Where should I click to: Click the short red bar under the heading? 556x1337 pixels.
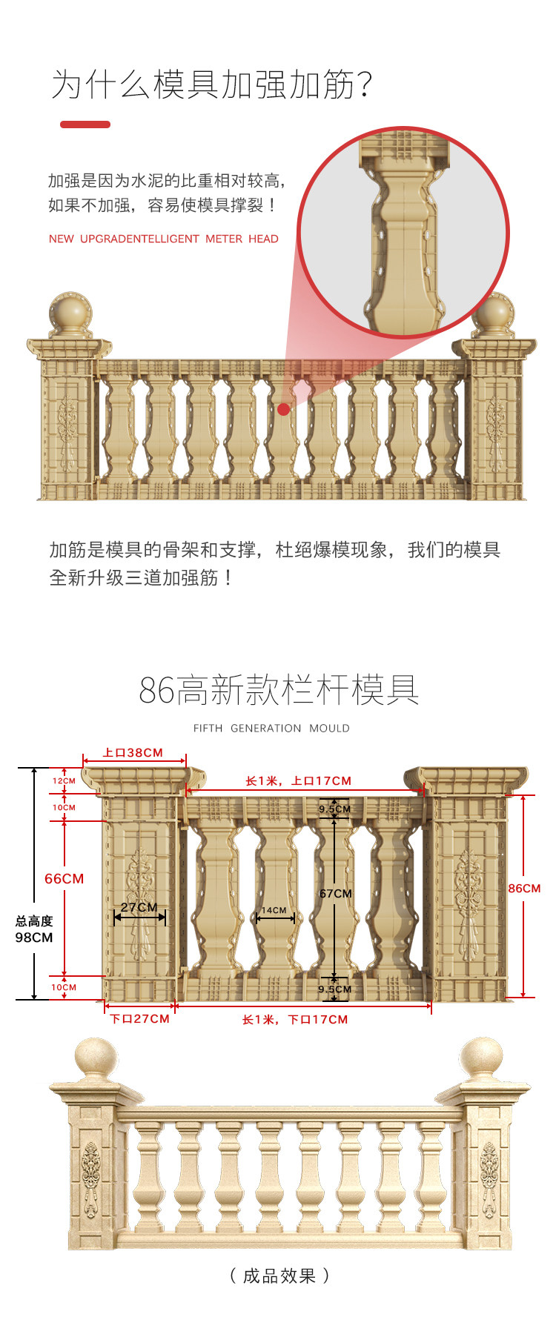pyautogui.click(x=85, y=125)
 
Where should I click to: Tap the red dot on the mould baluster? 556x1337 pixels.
pyautogui.click(x=284, y=409)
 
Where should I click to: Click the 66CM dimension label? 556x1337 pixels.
pyautogui.click(x=64, y=879)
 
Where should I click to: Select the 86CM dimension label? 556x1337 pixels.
pyautogui.click(x=524, y=888)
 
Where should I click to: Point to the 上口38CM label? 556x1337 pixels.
pyautogui.click(x=133, y=753)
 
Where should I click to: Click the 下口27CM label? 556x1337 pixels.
pyautogui.click(x=140, y=1019)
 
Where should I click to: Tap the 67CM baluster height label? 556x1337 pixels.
pyautogui.click(x=336, y=894)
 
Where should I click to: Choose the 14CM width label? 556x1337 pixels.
pyautogui.click(x=274, y=910)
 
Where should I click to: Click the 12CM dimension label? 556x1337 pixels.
pyautogui.click(x=64, y=781)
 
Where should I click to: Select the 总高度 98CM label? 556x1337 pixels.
pyautogui.click(x=34, y=929)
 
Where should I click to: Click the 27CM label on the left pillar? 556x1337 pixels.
pyautogui.click(x=139, y=907)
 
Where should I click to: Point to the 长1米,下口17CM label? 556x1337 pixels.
pyautogui.click(x=295, y=1020)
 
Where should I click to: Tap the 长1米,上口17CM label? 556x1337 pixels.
pyautogui.click(x=299, y=781)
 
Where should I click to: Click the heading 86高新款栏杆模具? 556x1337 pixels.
pyautogui.click(x=279, y=690)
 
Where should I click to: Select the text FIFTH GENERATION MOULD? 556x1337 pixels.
pyautogui.click(x=271, y=729)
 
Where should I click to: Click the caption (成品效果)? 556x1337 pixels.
pyautogui.click(x=279, y=1275)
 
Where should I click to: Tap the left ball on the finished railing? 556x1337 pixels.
pyautogui.click(x=96, y=1058)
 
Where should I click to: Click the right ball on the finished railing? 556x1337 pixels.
pyautogui.click(x=481, y=1058)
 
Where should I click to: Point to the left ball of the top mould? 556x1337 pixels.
pyautogui.click(x=70, y=312)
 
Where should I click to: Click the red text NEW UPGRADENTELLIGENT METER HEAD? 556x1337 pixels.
pyautogui.click(x=164, y=239)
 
